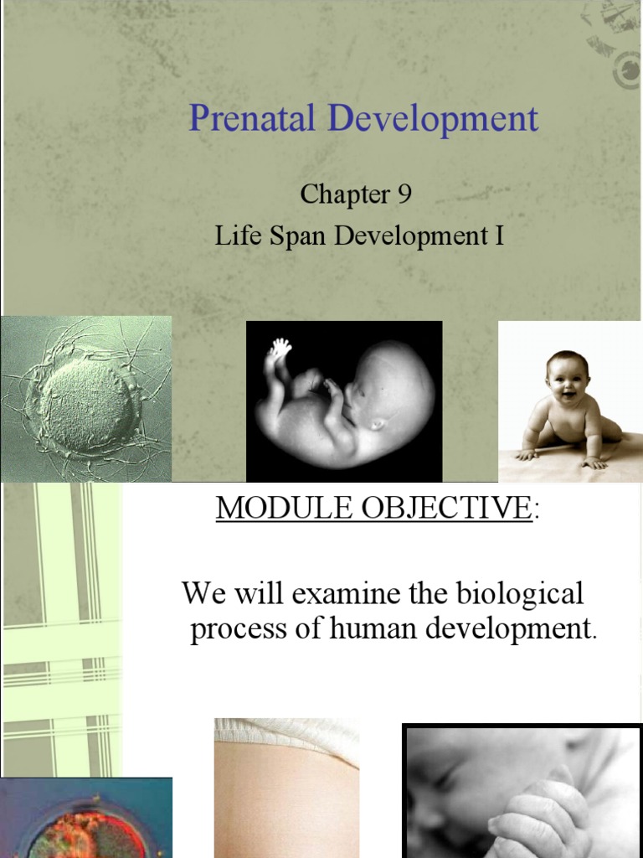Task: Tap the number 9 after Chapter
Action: click(x=404, y=194)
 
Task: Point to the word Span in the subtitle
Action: click(x=297, y=235)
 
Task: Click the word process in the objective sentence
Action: click(x=231, y=629)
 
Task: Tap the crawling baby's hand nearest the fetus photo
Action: click(x=527, y=454)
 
